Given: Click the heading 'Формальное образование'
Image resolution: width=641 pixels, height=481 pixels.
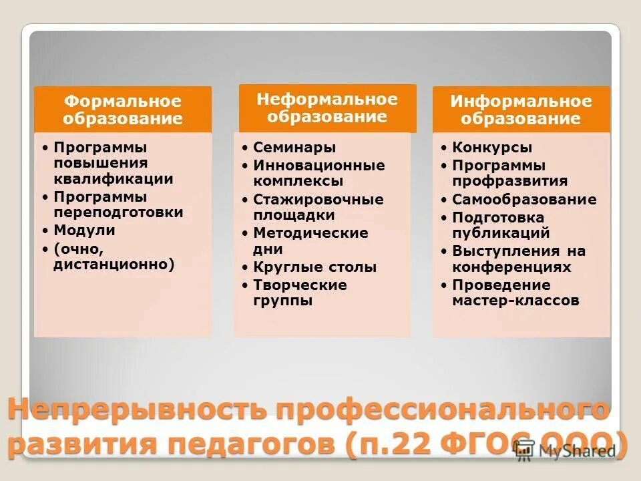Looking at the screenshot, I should click(x=123, y=110).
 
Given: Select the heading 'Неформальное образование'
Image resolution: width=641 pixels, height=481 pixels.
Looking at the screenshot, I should click(x=327, y=108).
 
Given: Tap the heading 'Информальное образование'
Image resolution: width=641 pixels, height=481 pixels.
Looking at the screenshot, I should click(x=521, y=110).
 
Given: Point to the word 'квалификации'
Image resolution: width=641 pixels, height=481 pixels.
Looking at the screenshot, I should click(x=114, y=179).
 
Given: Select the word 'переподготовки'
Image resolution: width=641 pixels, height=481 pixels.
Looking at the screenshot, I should click(x=118, y=213).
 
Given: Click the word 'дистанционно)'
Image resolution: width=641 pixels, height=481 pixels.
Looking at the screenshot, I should click(x=114, y=265).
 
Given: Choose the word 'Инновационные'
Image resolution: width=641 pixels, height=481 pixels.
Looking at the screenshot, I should click(x=319, y=165).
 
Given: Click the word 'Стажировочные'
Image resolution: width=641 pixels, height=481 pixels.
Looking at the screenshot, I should click(x=318, y=200).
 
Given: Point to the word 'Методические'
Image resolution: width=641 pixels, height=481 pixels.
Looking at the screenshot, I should click(x=310, y=233).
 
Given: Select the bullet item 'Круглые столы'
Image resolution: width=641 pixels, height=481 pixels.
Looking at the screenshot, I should click(x=314, y=267).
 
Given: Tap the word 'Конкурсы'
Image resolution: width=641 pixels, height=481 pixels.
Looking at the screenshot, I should click(x=492, y=148).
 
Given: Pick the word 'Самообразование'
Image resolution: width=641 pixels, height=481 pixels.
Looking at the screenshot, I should click(x=524, y=200).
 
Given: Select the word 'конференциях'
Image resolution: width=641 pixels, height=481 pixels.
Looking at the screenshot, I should click(x=511, y=267).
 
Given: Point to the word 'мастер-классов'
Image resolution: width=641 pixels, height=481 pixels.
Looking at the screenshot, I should click(x=515, y=301).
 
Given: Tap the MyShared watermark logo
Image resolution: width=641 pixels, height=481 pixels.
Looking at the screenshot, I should click(x=574, y=450).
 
